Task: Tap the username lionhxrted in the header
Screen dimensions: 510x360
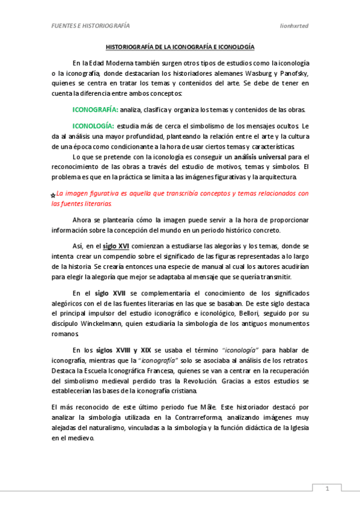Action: pyautogui.click(x=294, y=26)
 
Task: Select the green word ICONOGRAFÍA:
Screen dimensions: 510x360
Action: pyautogui.click(x=95, y=109)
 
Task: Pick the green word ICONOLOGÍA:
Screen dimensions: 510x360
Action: pyautogui.click(x=93, y=126)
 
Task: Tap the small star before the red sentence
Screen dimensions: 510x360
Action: pyautogui.click(x=53, y=195)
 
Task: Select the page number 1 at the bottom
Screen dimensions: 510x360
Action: pyautogui.click(x=328, y=489)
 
